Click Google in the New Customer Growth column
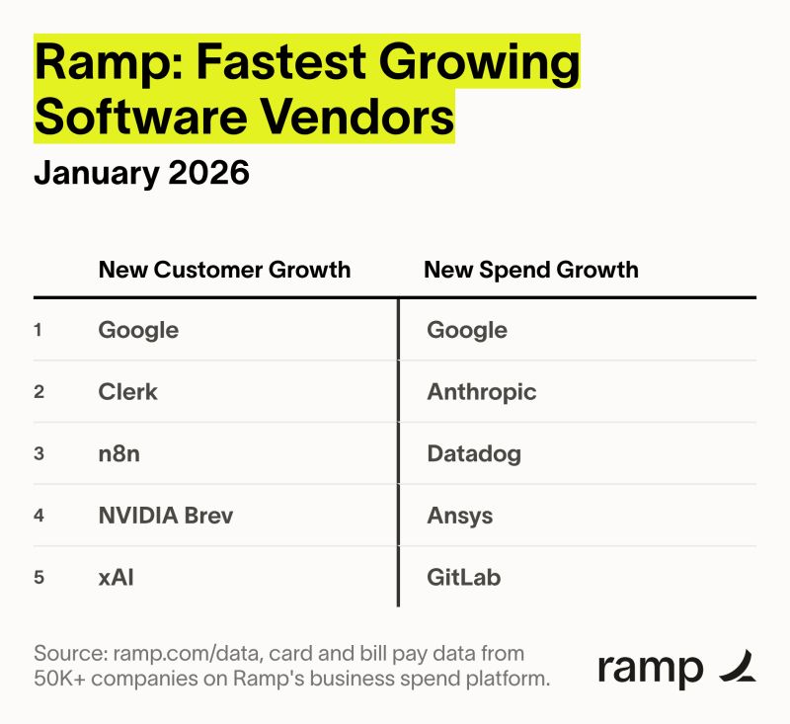point(138,330)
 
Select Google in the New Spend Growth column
point(467,330)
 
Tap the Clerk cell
point(127,392)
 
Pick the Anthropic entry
point(482,392)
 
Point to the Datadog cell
point(474,454)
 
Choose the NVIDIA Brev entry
point(166,516)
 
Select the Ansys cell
point(460,516)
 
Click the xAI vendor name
point(116,577)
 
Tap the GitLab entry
point(464,577)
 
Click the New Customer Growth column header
point(224,270)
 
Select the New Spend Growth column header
point(531,270)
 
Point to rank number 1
point(39,330)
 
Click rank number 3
point(39,454)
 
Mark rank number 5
point(39,577)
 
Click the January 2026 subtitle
point(142,173)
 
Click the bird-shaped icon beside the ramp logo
point(738,669)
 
